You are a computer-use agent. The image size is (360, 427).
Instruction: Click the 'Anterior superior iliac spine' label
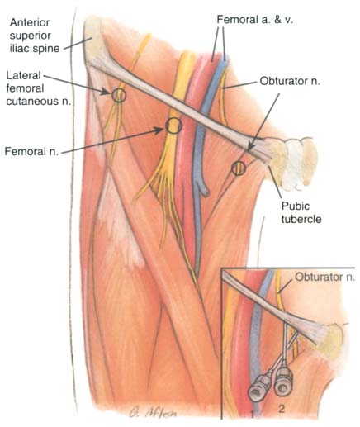point(35,36)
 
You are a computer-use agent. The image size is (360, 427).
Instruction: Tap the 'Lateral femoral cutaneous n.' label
point(38,88)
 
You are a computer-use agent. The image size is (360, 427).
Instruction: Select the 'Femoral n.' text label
point(31,151)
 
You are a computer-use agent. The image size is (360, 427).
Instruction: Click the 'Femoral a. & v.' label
point(255,20)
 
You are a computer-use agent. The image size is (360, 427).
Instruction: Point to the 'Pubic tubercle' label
point(301,212)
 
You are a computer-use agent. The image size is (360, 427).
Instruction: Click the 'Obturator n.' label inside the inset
point(325,277)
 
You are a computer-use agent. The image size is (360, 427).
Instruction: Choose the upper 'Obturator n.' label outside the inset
point(290,81)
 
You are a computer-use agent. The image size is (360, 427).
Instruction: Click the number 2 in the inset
point(281,409)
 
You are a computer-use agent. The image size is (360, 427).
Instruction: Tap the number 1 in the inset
point(253,414)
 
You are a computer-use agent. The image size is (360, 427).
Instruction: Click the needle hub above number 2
point(283,382)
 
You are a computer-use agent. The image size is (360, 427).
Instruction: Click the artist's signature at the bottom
point(152,413)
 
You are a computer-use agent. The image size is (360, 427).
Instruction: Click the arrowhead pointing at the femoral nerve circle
point(160,130)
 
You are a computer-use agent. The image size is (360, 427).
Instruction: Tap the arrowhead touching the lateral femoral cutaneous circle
point(107,92)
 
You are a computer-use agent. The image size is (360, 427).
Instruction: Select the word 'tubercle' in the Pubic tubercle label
point(301,219)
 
